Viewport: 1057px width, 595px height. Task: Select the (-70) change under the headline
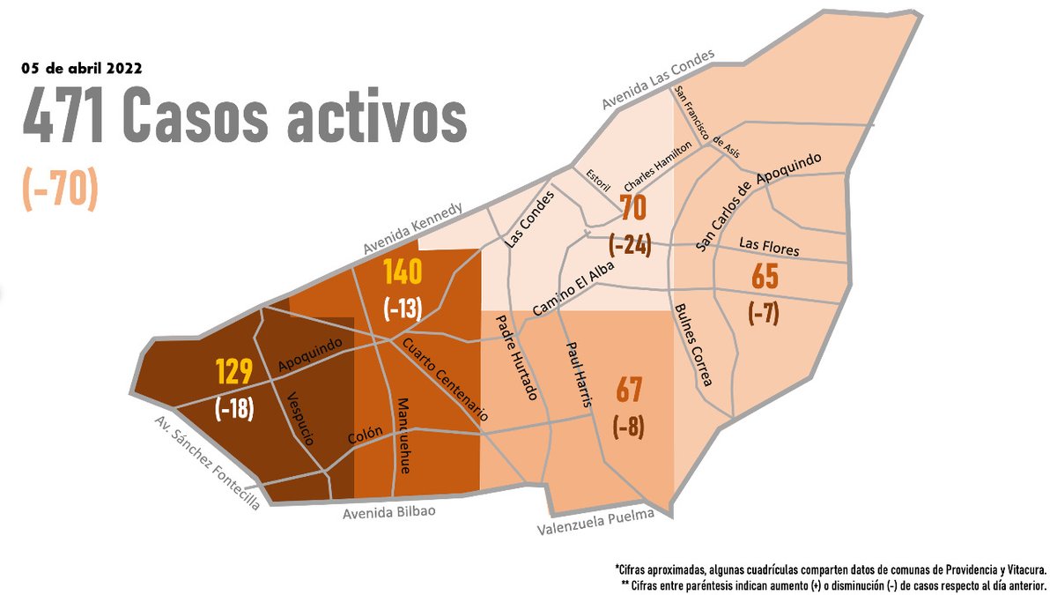click(x=59, y=187)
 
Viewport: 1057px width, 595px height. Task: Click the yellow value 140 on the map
click(x=403, y=273)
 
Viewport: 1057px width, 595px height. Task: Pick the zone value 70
click(x=633, y=209)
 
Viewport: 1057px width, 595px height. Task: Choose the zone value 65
click(x=765, y=278)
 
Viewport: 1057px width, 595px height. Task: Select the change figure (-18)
click(x=235, y=408)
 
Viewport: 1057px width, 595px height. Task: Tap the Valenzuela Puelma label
click(x=596, y=523)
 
